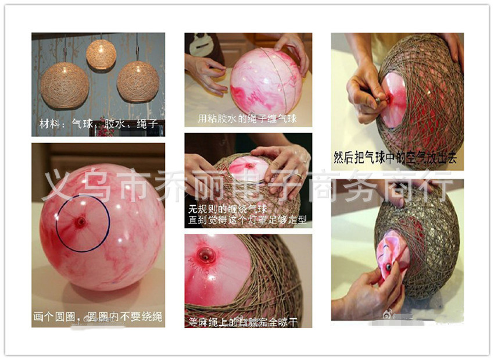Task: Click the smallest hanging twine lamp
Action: click(x=101, y=55)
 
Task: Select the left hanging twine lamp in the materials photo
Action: click(x=65, y=85)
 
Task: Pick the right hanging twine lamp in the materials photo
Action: click(x=138, y=81)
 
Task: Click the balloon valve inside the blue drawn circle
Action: click(x=81, y=221)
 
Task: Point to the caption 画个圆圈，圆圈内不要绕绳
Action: click(x=98, y=318)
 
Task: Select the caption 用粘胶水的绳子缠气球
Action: click(x=248, y=119)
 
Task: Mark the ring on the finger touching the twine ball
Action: click(x=297, y=174)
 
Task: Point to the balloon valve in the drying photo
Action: click(x=204, y=254)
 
